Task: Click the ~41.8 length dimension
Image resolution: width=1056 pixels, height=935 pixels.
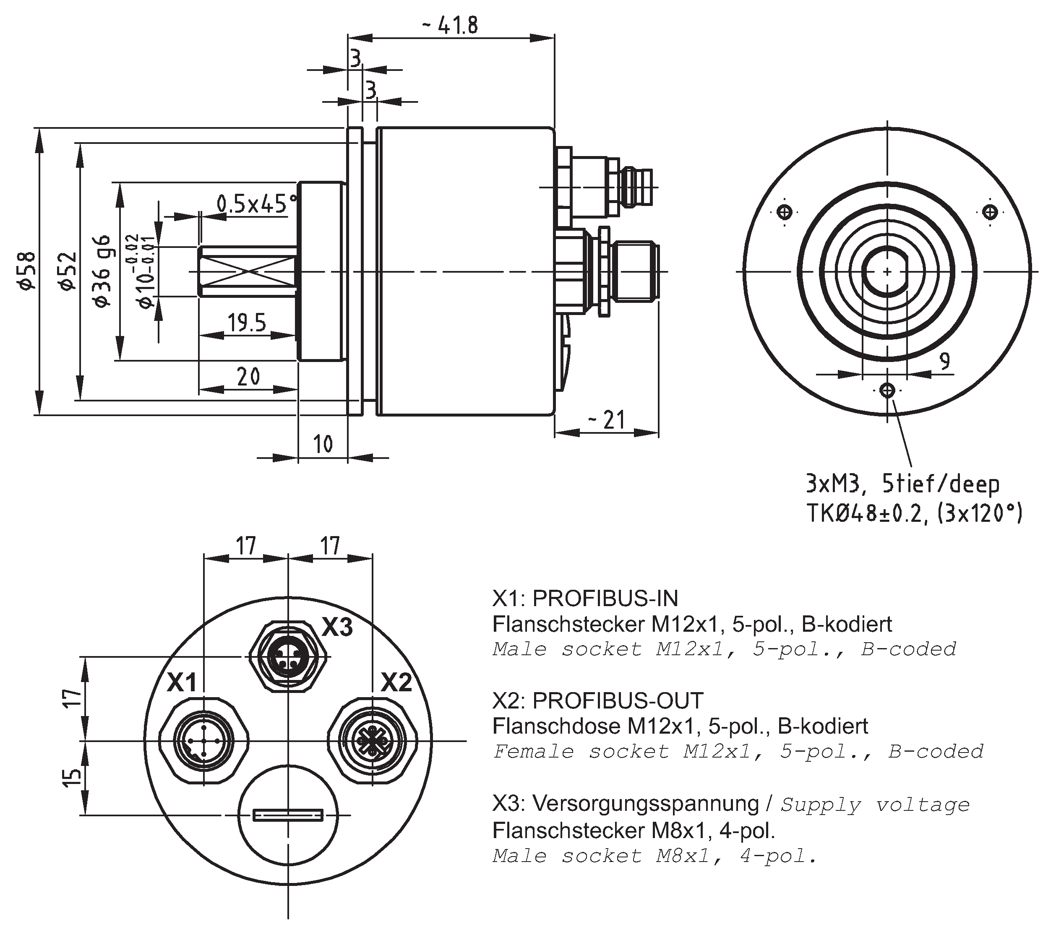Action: click(450, 25)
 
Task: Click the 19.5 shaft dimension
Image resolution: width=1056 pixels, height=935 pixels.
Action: click(247, 323)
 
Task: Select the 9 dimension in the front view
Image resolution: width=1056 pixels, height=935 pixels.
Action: click(944, 361)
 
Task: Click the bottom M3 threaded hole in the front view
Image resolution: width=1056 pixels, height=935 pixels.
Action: click(887, 390)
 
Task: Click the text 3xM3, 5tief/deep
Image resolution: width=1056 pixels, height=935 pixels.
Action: click(902, 484)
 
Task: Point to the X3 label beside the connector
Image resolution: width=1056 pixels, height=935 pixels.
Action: click(337, 627)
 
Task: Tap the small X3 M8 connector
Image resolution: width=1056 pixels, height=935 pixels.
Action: click(288, 657)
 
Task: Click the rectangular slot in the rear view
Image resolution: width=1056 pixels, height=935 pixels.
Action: click(288, 815)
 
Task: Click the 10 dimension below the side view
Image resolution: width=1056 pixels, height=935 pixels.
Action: click(323, 444)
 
